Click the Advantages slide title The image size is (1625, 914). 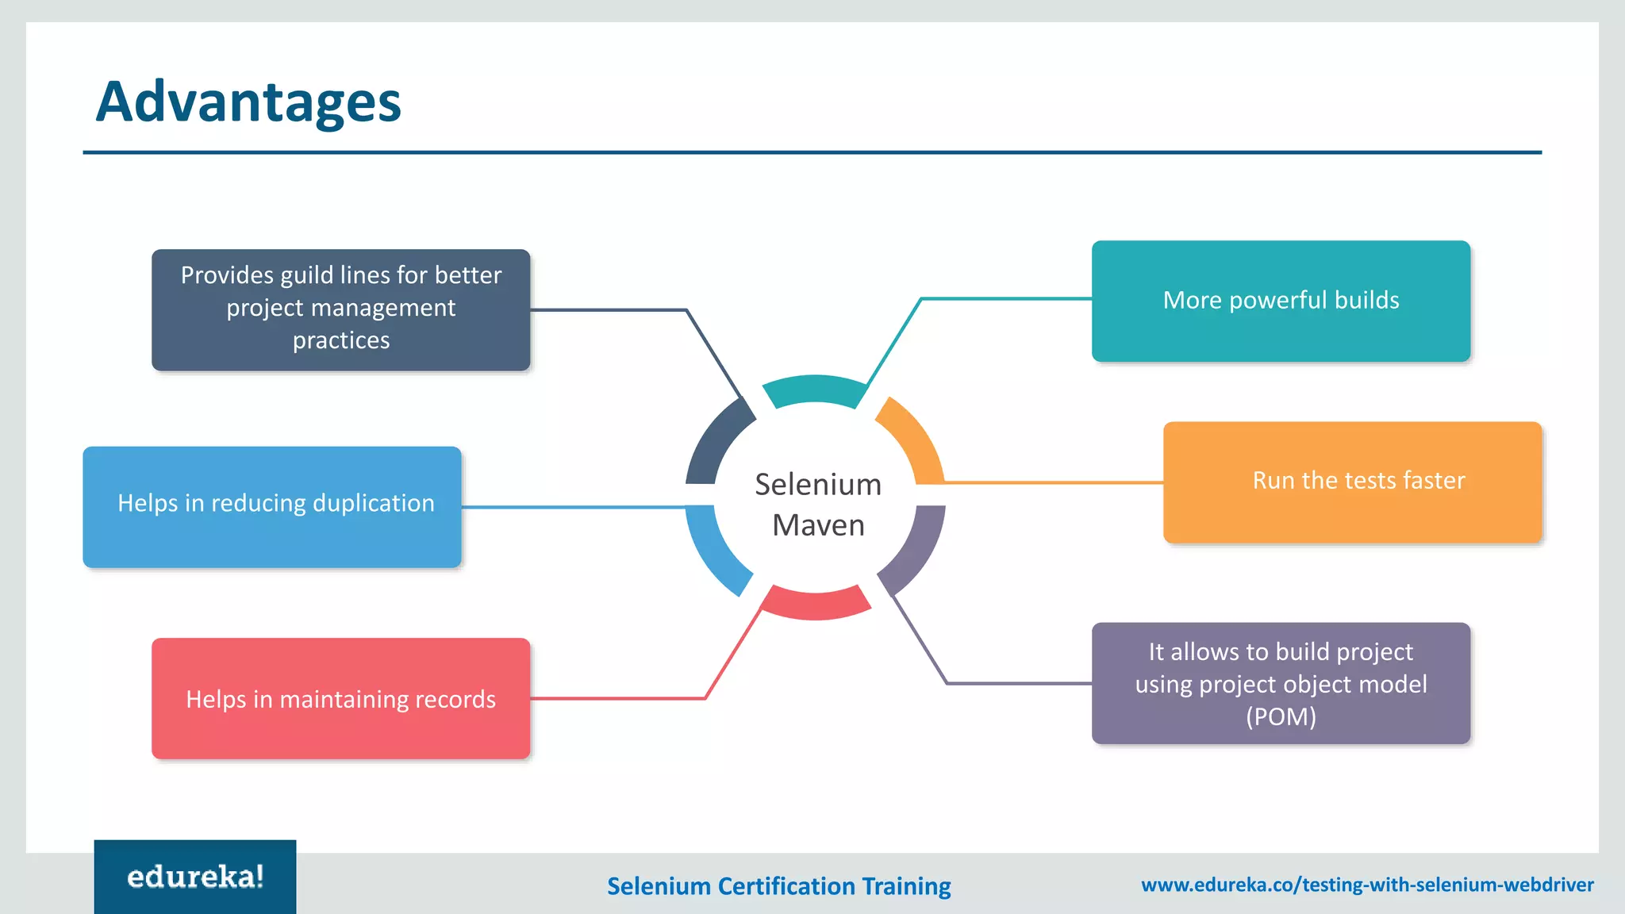(248, 102)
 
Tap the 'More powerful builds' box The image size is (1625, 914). (1281, 301)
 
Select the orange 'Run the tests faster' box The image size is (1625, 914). (1352, 482)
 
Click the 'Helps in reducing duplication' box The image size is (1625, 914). (272, 506)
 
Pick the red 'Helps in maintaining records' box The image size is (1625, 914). (340, 698)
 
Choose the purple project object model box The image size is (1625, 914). (1281, 683)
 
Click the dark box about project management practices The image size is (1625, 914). (340, 309)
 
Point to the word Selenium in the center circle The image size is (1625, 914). (818, 484)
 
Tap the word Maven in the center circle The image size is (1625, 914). (818, 525)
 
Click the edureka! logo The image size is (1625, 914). (195, 877)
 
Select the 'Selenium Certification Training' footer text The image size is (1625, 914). (778, 885)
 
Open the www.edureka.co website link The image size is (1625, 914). (1367, 885)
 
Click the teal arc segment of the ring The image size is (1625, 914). (815, 390)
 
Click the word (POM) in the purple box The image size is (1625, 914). (1281, 716)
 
